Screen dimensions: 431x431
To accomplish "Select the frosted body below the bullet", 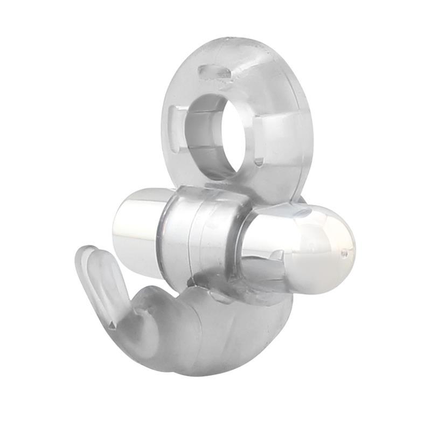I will [215, 329].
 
